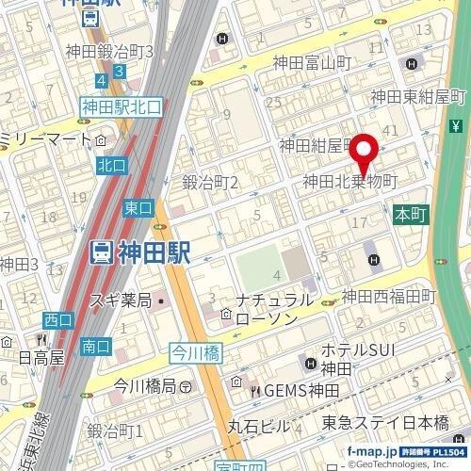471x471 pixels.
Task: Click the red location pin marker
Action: (365, 152)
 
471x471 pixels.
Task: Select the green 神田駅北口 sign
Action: (122, 107)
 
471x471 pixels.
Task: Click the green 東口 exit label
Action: (138, 206)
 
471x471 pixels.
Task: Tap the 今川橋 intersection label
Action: (193, 352)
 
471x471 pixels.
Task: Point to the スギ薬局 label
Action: (121, 301)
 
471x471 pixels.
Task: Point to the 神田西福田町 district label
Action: (389, 296)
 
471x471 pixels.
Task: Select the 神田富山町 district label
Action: (312, 64)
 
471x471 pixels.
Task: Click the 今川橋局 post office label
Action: (143, 385)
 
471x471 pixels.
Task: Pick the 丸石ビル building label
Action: (259, 427)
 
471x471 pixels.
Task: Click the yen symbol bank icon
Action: (456, 126)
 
